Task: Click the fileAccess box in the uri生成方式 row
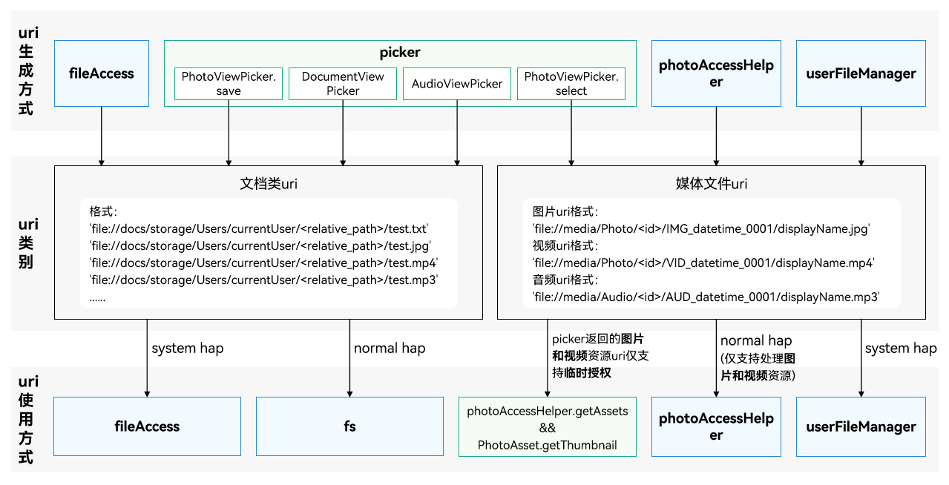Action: coord(102,73)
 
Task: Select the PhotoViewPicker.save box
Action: coord(229,84)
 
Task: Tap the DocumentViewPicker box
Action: coord(343,84)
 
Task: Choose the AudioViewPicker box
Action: coord(457,84)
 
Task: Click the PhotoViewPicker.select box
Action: coord(571,84)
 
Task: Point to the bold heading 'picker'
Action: coord(400,53)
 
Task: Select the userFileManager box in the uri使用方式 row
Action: coord(861,426)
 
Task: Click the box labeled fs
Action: coord(349,426)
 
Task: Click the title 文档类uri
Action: coord(269,184)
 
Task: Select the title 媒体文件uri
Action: coord(711,184)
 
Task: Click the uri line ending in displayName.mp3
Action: coord(706,297)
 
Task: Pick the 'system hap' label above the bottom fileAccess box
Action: coord(187,348)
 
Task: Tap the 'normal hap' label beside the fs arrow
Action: coord(390,348)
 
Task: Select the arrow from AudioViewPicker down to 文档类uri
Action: coord(457,133)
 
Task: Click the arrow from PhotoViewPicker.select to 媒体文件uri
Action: coord(571,133)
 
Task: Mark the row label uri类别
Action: coord(27,243)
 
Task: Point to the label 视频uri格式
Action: coord(565,245)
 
